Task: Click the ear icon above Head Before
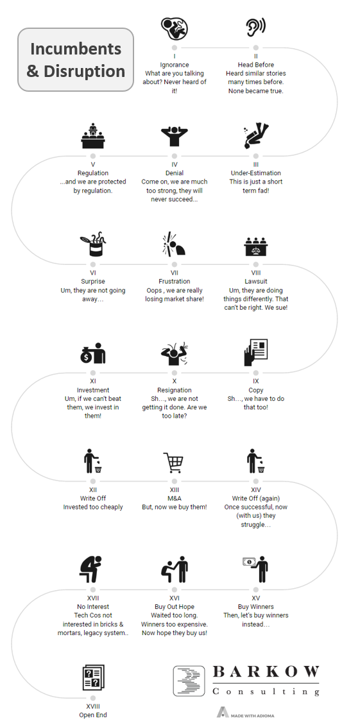coord(255,27)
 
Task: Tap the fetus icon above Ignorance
coord(175,28)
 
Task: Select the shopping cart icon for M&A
coord(174,463)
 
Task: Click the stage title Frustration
coord(175,281)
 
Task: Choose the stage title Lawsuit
coord(256,281)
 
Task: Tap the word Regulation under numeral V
coord(93,173)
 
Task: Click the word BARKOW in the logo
coord(266,672)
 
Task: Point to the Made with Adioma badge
coord(246,713)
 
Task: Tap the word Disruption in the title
coord(84,71)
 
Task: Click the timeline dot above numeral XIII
coord(175,481)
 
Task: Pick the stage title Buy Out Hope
coord(175,607)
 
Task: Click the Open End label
coord(93,715)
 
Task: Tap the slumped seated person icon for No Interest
coord(91,570)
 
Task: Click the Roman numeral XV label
coord(256,598)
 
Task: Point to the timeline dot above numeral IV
coord(175,157)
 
